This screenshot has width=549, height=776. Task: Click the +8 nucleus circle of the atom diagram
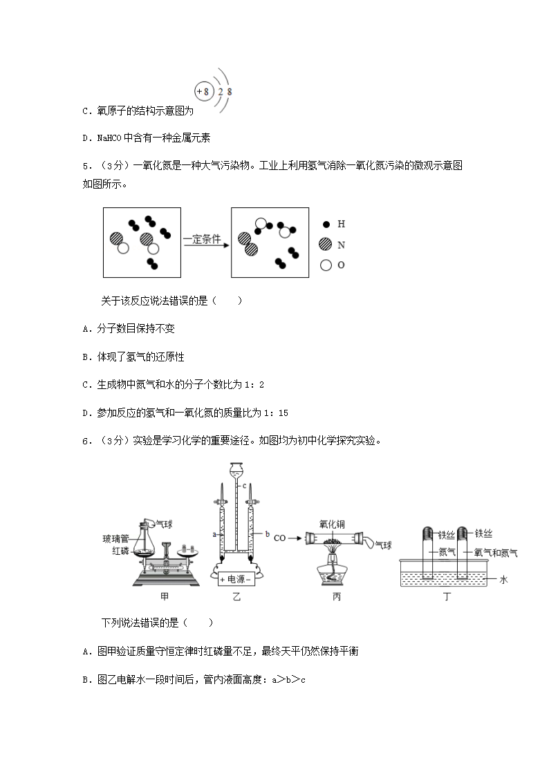(203, 91)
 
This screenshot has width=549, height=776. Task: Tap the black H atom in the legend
(326, 224)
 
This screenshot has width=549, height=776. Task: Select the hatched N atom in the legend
(326, 244)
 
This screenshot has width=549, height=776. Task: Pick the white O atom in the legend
(326, 265)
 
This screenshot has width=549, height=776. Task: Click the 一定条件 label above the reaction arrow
(203, 239)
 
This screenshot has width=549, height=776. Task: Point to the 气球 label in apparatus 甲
(165, 524)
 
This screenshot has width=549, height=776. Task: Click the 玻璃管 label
(116, 539)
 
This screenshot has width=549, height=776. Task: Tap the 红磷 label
(120, 550)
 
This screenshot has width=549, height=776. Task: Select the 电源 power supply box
(236, 578)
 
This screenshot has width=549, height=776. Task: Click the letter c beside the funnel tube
(245, 486)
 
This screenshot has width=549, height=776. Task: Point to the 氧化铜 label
(332, 524)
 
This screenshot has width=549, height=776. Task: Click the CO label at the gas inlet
(280, 538)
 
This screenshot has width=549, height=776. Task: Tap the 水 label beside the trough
(503, 579)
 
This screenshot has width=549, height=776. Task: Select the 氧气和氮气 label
(496, 553)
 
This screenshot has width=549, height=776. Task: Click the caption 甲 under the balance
(165, 597)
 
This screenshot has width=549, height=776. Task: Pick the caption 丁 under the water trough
(447, 597)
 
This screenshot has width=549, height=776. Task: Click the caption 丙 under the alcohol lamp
(337, 597)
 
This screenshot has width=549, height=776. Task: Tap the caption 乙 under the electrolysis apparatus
(236, 597)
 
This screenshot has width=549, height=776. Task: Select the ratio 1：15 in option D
(276, 413)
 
